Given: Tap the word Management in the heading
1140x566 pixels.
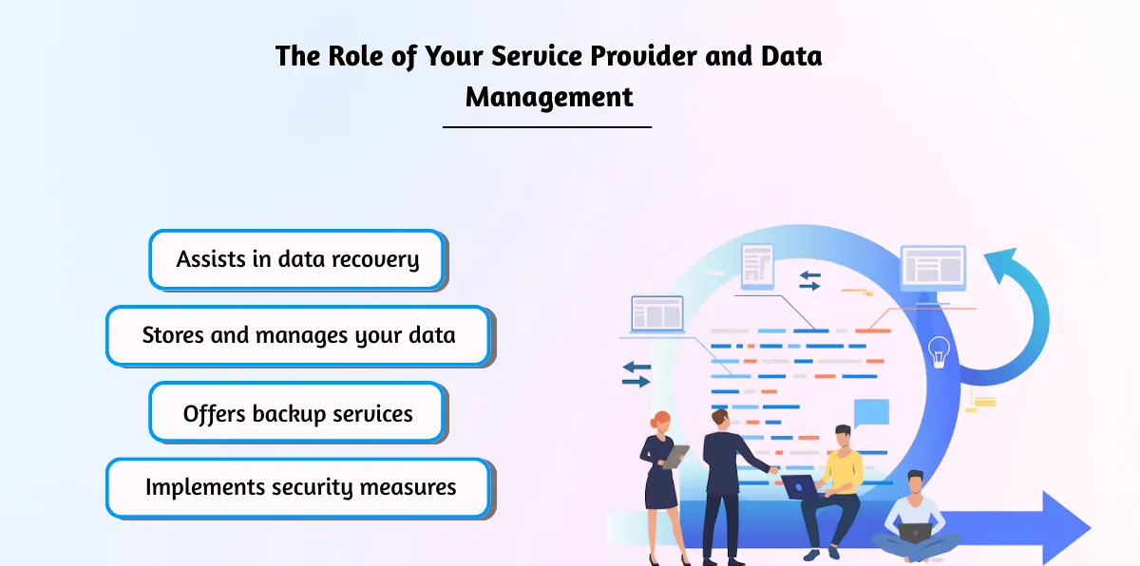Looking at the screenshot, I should click(548, 97).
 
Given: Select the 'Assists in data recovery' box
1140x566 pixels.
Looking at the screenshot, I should click(296, 259).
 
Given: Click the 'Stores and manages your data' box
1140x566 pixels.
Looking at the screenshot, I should click(298, 335).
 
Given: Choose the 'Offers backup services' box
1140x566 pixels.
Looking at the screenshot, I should click(296, 413).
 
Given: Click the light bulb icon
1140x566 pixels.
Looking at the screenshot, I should click(939, 350).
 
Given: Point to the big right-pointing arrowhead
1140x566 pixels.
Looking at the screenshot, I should click(1064, 525).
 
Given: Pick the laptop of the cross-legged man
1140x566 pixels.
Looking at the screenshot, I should click(915, 533).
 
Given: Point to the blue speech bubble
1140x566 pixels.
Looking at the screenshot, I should click(871, 413).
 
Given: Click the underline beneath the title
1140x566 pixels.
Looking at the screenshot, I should click(547, 126).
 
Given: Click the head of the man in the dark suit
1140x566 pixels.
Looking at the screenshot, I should click(720, 419).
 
